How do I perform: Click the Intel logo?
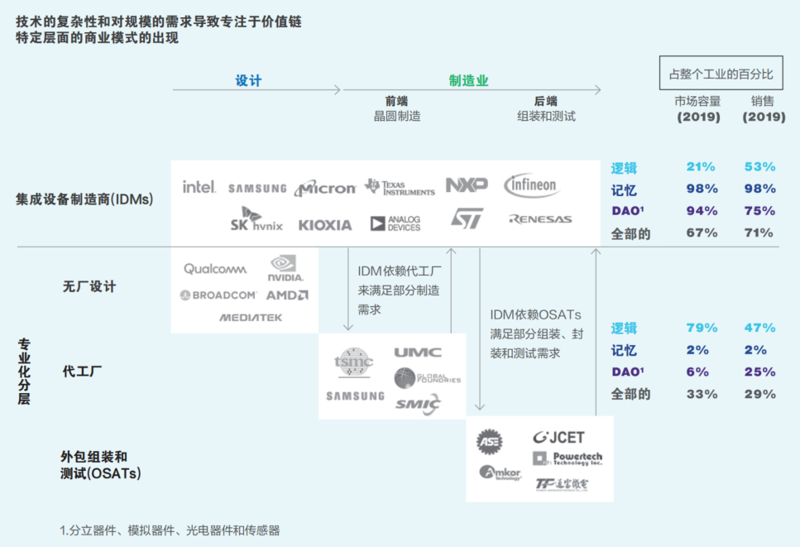pos(199,187)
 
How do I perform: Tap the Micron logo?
pos(325,188)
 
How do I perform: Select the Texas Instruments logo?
pos(400,187)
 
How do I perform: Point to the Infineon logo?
pos(532,185)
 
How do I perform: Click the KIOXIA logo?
pos(325,224)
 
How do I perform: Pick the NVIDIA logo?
pos(286,268)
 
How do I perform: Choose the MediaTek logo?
pos(251,317)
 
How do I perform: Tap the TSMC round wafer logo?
pos(353,362)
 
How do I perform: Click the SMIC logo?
pos(418,404)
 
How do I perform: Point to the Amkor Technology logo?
pos(501,473)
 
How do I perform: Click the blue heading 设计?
pos(248,80)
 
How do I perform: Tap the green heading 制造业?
pos(469,80)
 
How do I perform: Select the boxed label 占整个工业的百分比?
pos(721,74)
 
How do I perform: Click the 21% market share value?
pos(701,167)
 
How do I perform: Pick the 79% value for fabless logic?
pos(701,328)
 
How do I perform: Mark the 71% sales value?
pos(759,233)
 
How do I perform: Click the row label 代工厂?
pos(83,372)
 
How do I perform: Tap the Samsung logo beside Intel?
pos(257,189)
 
